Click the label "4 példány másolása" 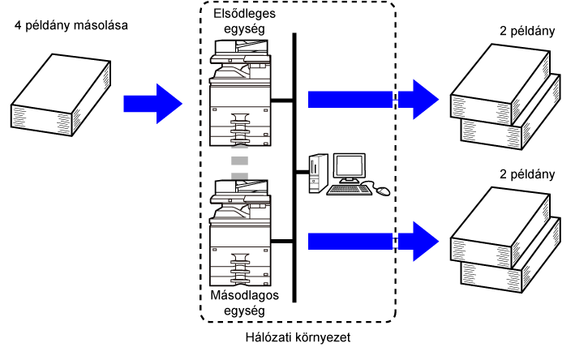pyautogui.click(x=71, y=25)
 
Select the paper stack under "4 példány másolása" pyautogui.click(x=61, y=95)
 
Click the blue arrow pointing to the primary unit pyautogui.click(x=153, y=104)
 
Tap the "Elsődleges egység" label pyautogui.click(x=244, y=21)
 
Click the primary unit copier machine pyautogui.click(x=240, y=92)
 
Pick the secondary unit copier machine pyautogui.click(x=240, y=233)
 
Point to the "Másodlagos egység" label pyautogui.click(x=244, y=302)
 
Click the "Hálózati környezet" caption pyautogui.click(x=298, y=337)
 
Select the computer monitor pyautogui.click(x=350, y=168)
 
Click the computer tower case pyautogui.click(x=319, y=174)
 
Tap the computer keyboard pyautogui.click(x=350, y=190)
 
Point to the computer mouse pyautogui.click(x=383, y=191)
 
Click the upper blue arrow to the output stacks pyautogui.click(x=374, y=100)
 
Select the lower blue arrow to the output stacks pyautogui.click(x=374, y=242)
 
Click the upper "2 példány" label pyautogui.click(x=527, y=31)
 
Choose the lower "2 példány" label pyautogui.click(x=527, y=174)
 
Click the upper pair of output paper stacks pyautogui.click(x=505, y=96)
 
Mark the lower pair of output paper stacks pyautogui.click(x=505, y=240)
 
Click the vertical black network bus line pyautogui.click(x=294, y=168)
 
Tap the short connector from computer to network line pyautogui.click(x=303, y=173)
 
